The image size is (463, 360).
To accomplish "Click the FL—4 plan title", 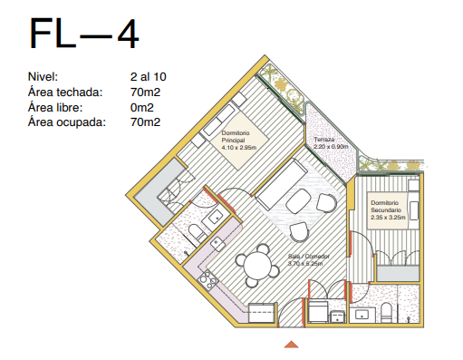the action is click(84, 34).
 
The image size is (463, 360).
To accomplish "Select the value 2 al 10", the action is click(149, 77).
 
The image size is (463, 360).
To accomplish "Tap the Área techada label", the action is click(65, 92).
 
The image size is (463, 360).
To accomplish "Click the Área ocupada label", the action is click(67, 122).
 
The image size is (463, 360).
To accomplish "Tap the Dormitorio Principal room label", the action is click(236, 136).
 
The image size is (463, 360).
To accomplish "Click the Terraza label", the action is click(324, 140).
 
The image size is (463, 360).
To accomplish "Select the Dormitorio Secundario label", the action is click(386, 206).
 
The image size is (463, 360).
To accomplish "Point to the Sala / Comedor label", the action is click(308, 256).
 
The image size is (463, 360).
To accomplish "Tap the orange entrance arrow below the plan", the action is click(291, 345).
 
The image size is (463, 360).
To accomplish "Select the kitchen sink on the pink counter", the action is click(217, 243).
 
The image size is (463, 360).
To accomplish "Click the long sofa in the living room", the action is click(281, 184).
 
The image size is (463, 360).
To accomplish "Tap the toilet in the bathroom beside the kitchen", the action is click(197, 232).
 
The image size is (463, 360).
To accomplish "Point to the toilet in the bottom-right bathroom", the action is click(386, 312).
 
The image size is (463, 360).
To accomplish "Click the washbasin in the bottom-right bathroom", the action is click(362, 315).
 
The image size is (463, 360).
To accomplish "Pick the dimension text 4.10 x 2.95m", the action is click(239, 148).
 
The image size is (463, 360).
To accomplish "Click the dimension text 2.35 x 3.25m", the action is click(388, 217).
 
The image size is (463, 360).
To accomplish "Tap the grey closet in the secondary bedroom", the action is click(398, 273).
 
